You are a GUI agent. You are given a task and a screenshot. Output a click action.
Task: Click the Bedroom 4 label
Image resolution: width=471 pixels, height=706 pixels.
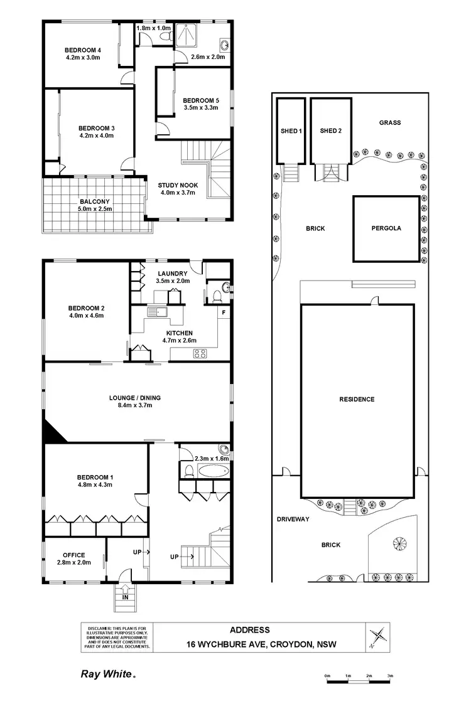coord(83,50)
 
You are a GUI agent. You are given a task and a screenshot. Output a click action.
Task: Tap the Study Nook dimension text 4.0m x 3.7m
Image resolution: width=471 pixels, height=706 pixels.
coord(178,193)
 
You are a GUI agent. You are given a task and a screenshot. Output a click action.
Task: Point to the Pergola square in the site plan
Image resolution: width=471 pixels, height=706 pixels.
coord(386,228)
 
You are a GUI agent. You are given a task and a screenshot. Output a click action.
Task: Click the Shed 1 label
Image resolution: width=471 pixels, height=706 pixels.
coord(291,131)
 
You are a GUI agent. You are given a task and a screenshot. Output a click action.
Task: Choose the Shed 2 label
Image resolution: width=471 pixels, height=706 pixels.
coord(330,131)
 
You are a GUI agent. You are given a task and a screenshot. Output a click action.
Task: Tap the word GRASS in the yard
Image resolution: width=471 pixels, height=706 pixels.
coord(389,123)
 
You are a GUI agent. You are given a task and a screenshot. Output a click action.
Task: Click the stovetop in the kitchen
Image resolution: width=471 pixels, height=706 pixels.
coord(200,353)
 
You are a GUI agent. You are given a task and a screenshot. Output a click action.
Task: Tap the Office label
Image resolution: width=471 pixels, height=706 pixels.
coord(73,555)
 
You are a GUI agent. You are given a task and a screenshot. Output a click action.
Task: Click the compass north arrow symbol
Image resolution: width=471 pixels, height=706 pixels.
coord(377,636)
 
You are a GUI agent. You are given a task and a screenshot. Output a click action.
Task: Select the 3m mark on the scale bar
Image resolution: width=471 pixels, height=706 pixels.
coord(390,676)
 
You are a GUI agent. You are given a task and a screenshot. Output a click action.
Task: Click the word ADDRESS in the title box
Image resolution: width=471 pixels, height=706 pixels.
coord(249,630)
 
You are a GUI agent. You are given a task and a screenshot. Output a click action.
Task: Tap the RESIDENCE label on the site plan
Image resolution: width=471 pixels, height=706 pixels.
coord(357,399)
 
